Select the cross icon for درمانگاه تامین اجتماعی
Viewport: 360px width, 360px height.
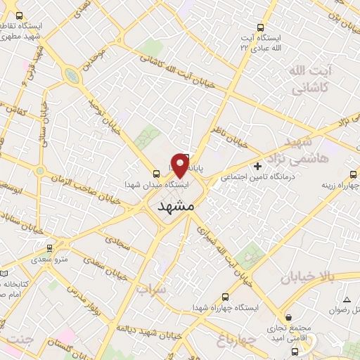click(258, 167)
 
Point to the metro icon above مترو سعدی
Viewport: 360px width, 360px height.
click(49, 249)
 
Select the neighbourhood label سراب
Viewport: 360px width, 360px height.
click(151, 289)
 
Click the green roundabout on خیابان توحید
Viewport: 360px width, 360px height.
click(72, 75)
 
